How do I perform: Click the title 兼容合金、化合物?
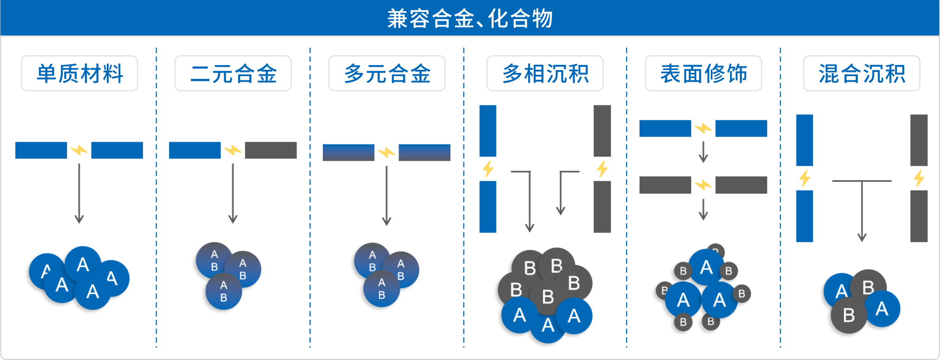[470, 19]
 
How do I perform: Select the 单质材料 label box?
[79, 73]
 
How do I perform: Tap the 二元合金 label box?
[233, 73]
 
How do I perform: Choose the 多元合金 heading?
[387, 73]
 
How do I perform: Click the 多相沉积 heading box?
[545, 73]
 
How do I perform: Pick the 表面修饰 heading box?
[703, 73]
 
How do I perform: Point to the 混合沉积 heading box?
[862, 73]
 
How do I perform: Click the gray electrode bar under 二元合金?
[270, 150]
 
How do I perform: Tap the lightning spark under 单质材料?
[79, 150]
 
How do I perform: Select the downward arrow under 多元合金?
[386, 195]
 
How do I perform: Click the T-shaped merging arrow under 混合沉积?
[862, 204]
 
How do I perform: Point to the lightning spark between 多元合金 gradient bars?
[386, 152]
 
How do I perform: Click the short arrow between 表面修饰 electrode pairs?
[703, 152]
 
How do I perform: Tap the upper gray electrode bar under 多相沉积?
[602, 131]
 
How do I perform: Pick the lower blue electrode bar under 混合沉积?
[804, 216]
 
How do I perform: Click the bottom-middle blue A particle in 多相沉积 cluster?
[548, 325]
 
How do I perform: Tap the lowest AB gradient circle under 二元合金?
[223, 291]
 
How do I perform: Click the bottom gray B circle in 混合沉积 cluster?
[849, 315]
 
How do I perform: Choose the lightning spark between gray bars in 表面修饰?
[703, 185]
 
